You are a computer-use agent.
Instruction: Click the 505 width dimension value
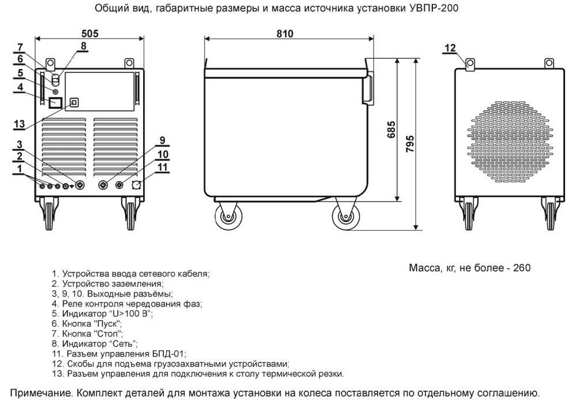click(x=89, y=33)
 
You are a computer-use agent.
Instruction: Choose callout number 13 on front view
click(x=19, y=124)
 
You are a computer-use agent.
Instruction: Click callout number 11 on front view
click(x=163, y=167)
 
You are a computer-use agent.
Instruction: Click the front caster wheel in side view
click(x=346, y=219)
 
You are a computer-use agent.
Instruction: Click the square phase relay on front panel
click(x=56, y=104)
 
